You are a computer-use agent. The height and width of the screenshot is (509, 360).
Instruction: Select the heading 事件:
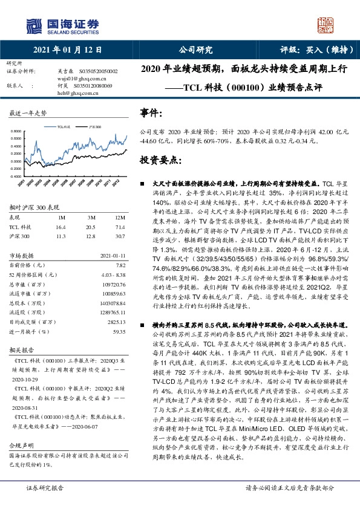151,113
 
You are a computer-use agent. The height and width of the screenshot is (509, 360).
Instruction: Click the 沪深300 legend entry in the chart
94,128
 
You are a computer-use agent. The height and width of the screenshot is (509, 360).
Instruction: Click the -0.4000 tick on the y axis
18,176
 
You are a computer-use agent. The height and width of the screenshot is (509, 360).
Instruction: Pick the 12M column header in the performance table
120,216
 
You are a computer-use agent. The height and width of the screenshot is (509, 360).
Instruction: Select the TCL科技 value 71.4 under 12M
120,227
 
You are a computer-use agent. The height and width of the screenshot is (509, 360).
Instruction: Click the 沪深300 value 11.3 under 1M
61,236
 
